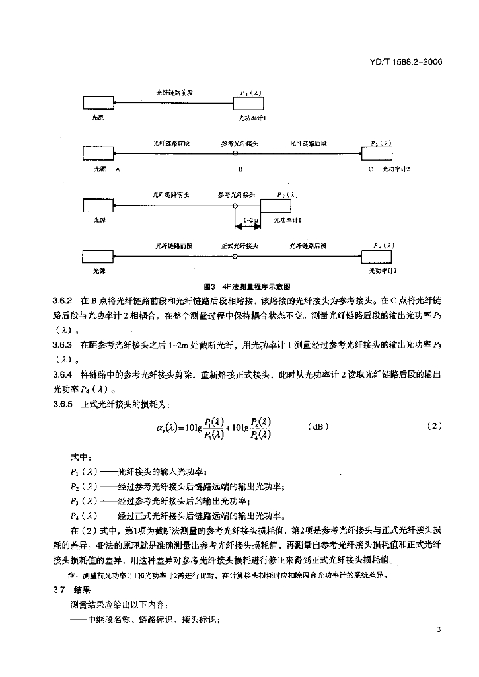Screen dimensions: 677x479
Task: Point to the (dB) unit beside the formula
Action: coord(317,426)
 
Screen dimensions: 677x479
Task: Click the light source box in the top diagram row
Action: coord(98,102)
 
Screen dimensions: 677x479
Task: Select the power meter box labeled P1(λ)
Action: coord(249,102)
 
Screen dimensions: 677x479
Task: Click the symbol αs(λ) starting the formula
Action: coord(166,427)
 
